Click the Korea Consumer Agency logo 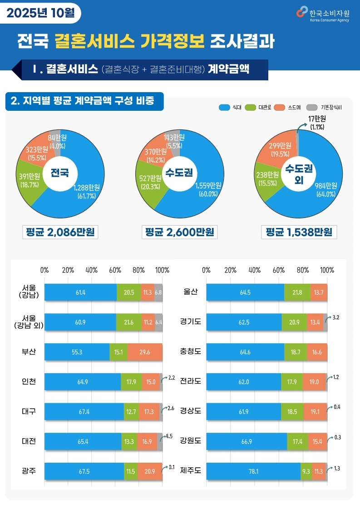click(323, 13)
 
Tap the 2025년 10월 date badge click(41, 13)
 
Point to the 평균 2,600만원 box click(179, 232)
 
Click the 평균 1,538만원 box click(299, 232)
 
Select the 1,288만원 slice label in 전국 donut click(87, 191)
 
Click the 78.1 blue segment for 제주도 click(253, 471)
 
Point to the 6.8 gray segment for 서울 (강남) click(158, 292)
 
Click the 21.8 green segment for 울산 click(297, 292)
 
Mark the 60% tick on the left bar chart click(115, 270)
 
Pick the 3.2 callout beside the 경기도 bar click(336, 317)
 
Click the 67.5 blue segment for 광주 click(84, 471)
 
